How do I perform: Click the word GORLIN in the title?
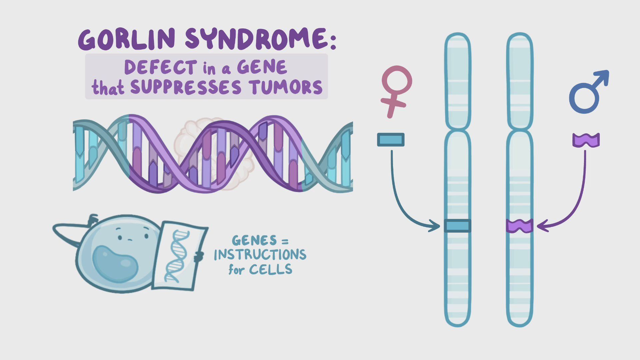pos(127,39)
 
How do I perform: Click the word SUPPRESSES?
pos(185,87)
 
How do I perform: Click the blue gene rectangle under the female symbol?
pos(391,140)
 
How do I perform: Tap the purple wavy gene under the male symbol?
pos(586,140)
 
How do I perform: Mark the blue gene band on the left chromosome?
pos(458,226)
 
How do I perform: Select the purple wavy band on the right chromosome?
pos(519,226)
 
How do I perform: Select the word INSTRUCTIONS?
pos(260,255)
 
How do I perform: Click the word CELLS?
pos(271,269)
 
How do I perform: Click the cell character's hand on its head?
pos(92,219)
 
